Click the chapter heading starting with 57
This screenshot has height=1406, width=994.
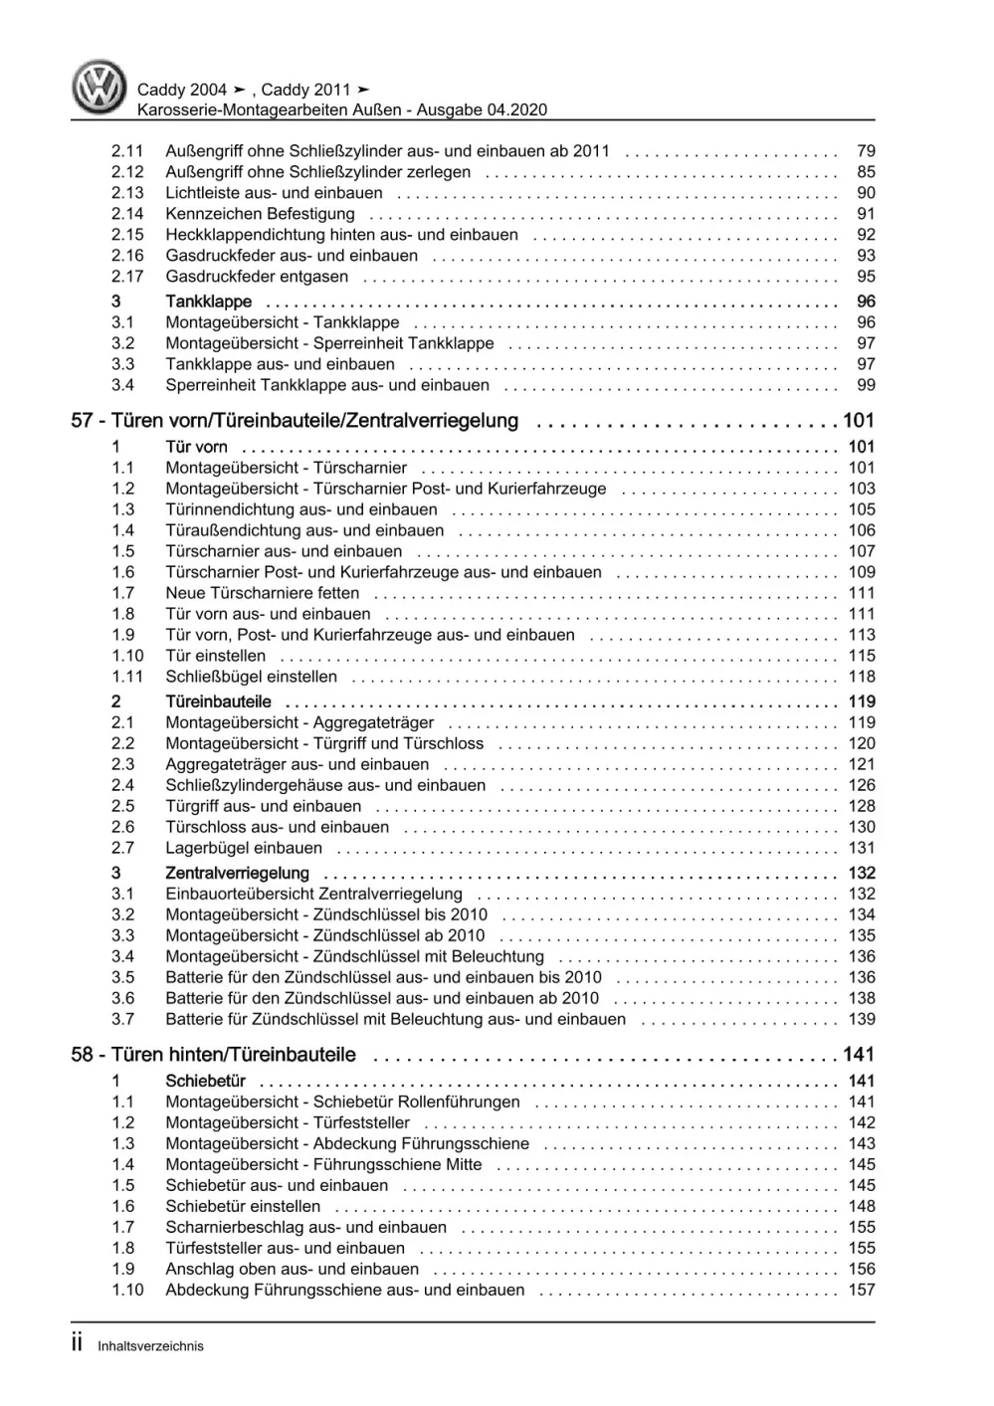click(295, 421)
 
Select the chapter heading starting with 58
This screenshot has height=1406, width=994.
click(213, 1055)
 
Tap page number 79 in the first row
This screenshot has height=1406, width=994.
click(865, 151)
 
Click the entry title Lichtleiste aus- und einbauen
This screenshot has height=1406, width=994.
click(274, 193)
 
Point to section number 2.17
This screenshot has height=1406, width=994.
click(127, 277)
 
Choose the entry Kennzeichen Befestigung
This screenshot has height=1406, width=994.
click(260, 214)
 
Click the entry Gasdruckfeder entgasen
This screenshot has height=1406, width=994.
click(257, 277)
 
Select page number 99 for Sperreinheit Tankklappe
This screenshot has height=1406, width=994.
click(865, 385)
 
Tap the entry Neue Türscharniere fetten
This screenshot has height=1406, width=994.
click(263, 593)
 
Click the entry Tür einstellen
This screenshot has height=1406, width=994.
click(215, 656)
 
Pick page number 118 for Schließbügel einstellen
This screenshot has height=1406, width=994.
click(861, 677)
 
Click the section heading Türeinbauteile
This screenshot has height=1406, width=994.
click(218, 702)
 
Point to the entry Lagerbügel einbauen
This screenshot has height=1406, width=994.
click(244, 848)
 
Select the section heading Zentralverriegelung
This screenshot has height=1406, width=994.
click(237, 874)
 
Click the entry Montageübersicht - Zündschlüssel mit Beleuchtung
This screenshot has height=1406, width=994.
click(354, 956)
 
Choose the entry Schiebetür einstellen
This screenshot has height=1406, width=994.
click(243, 1206)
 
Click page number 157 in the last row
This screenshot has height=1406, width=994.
click(861, 1290)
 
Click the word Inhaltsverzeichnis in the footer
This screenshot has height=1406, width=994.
click(150, 1346)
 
